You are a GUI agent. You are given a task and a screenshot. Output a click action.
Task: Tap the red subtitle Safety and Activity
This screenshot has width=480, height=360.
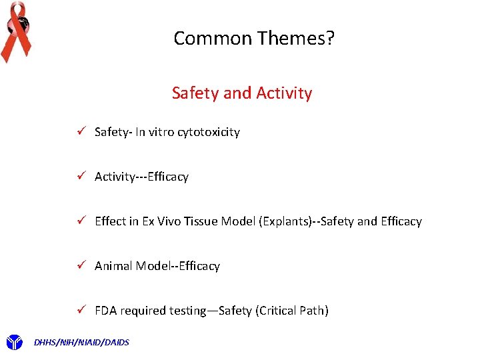[x=241, y=93]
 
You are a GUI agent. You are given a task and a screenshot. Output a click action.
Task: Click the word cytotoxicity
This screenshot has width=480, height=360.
[x=208, y=132]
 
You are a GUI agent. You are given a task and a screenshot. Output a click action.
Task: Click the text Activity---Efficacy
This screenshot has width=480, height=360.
[x=141, y=177]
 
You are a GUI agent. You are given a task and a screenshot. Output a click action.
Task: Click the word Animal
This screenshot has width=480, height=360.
[x=113, y=266]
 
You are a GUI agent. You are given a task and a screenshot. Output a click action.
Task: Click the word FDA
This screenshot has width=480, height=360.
[x=106, y=311]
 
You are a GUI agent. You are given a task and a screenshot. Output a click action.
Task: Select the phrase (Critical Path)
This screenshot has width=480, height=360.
[x=292, y=311]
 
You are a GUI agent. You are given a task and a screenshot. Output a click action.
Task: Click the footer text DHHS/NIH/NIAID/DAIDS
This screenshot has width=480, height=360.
[x=81, y=343]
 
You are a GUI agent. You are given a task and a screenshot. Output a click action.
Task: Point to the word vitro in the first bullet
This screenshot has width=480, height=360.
[x=161, y=132]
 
